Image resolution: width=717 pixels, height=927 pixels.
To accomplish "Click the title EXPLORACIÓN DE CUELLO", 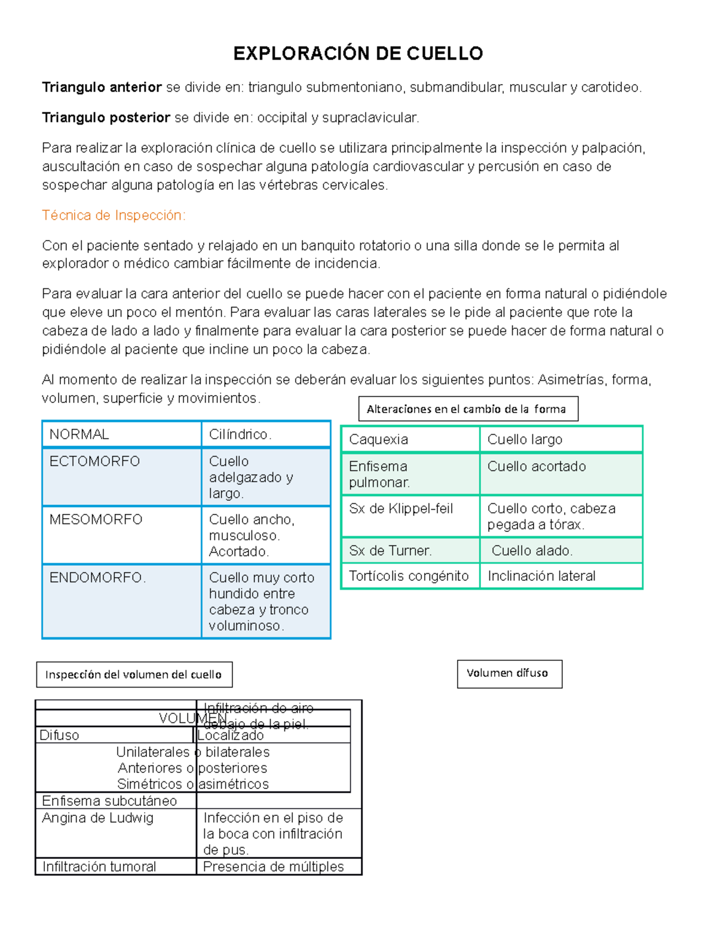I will (x=358, y=54).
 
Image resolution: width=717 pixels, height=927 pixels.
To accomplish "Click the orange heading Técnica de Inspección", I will (x=114, y=215).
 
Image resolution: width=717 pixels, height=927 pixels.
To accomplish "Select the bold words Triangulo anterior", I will (x=102, y=88).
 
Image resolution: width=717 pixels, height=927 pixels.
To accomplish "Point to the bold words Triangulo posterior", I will (x=106, y=118).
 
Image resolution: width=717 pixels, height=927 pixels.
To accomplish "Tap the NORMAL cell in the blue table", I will (x=79, y=435).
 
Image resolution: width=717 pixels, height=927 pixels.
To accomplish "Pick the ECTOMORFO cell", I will (x=94, y=461).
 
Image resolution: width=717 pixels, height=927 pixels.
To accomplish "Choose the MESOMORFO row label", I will (x=96, y=519).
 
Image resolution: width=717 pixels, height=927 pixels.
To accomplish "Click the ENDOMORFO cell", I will (x=97, y=578).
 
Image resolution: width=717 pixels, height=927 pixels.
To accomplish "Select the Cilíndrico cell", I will (x=240, y=435).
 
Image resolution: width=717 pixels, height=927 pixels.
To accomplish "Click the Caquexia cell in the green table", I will (x=379, y=440).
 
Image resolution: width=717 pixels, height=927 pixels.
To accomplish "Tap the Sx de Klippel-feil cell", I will (x=401, y=509).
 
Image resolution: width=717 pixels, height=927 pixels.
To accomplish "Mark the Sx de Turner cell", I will (x=390, y=550).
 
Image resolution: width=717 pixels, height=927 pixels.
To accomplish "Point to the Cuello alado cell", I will (x=532, y=550).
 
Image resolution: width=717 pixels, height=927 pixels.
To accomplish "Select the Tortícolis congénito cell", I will (x=409, y=576).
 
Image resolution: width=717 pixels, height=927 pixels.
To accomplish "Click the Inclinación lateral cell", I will (x=541, y=576).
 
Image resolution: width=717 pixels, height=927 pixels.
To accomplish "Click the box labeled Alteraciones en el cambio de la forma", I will (x=468, y=409).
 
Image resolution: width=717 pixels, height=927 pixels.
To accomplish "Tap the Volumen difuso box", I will (x=509, y=673).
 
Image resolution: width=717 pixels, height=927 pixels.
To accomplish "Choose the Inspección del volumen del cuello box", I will (x=134, y=675).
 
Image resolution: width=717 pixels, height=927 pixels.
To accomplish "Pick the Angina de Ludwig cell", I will (x=98, y=818).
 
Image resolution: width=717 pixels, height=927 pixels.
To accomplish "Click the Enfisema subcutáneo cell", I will (x=109, y=801).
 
